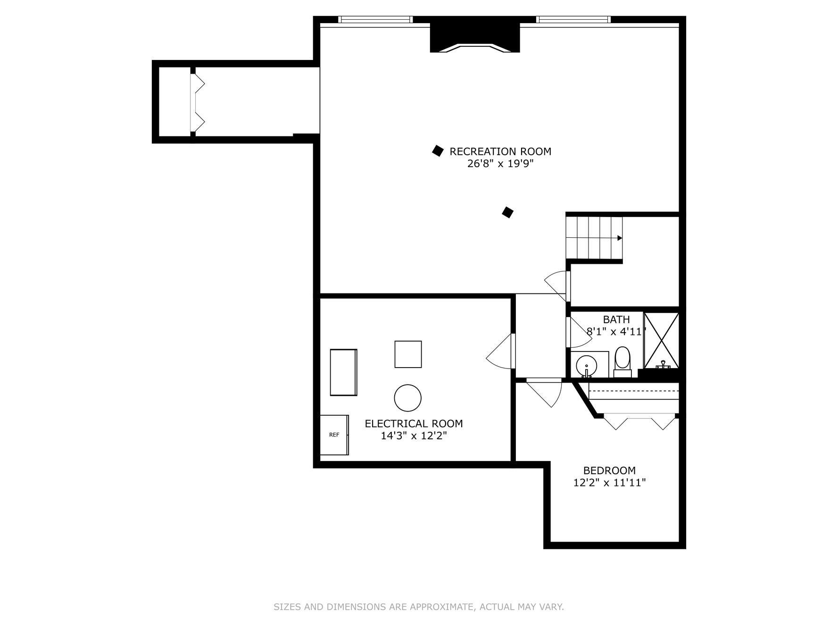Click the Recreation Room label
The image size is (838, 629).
500,151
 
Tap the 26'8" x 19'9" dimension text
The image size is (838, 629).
500,164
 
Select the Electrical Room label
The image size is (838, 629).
414,424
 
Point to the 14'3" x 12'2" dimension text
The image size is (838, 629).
414,436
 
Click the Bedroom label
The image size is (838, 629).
609,470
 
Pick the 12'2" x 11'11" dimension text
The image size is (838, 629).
609,483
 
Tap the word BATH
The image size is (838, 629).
616,319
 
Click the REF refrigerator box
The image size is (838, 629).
334,435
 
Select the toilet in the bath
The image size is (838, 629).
622,361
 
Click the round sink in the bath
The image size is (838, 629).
586,366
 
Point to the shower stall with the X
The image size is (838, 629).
661,340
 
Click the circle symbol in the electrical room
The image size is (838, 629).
408,398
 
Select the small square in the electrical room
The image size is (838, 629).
408,354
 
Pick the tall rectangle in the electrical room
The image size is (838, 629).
343,372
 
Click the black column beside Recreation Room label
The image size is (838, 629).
438,151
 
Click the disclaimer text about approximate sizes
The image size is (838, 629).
419,607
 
